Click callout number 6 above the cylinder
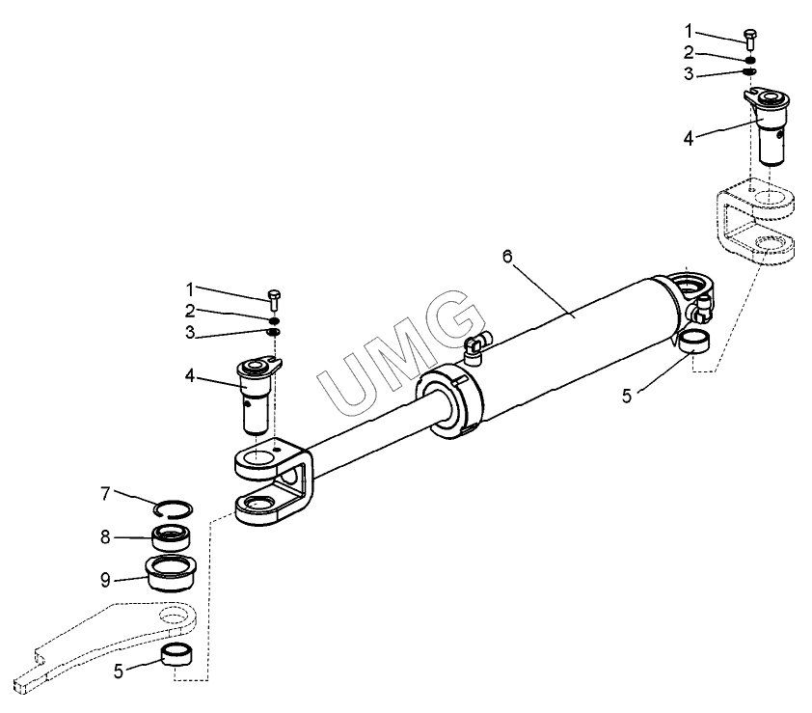tap(507, 257)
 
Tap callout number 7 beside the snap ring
tap(106, 494)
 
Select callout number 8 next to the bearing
tap(106, 537)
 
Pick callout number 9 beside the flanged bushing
tap(106, 580)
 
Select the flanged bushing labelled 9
tap(170, 573)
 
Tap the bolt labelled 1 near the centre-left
tap(274, 300)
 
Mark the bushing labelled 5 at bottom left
tap(177, 653)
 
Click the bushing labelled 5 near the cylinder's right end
tap(694, 343)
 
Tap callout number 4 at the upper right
tap(689, 139)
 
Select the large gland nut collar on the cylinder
tap(449, 400)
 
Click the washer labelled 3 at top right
tap(749, 71)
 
